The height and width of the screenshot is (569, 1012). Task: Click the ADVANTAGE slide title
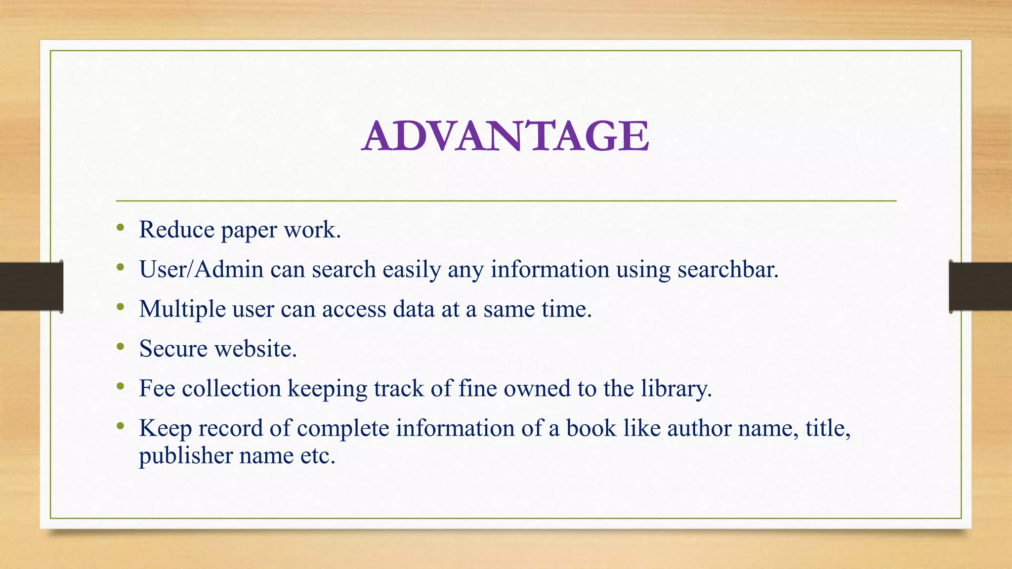[x=506, y=136]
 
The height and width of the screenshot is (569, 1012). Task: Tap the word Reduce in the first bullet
[x=176, y=230]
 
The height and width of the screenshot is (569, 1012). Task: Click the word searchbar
[x=727, y=270]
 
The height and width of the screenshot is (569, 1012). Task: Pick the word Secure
[x=173, y=349]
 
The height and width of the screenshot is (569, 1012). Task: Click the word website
[x=255, y=349]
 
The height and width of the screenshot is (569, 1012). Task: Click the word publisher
[x=185, y=455]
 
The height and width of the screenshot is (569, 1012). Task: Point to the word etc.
[x=318, y=455]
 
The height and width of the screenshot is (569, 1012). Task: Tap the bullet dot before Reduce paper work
[x=121, y=228]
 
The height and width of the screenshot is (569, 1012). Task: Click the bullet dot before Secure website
[x=121, y=347]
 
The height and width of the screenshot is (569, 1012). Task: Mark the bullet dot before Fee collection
[x=121, y=386]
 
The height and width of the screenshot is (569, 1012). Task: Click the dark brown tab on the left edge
[x=31, y=286]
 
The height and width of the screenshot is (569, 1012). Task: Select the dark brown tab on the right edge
[x=980, y=286]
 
